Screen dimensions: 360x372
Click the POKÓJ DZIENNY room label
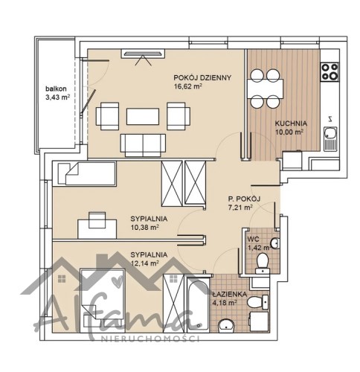pos(202,77)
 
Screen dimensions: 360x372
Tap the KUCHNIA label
pos(291,124)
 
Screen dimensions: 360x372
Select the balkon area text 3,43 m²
pos(57,97)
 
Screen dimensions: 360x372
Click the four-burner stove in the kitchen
pos(330,72)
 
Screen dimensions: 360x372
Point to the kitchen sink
pos(330,138)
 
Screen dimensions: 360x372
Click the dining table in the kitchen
pos(266,89)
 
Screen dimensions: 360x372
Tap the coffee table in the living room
pos(143,116)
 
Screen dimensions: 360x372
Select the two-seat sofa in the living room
pos(143,145)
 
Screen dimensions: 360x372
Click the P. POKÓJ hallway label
pos(244,199)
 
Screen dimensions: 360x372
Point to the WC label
pos(253,239)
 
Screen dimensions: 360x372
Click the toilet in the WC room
pos(263,263)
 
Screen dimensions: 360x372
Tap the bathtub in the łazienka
pos(198,304)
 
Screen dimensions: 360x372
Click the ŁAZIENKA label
pos(230,295)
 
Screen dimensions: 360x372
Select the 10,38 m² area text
pos(144,228)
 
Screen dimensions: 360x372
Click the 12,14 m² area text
pos(144,263)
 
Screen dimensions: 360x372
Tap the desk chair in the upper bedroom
pos(97,219)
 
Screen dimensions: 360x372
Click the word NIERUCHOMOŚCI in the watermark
pos(150,339)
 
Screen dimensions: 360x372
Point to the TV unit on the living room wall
pos(143,54)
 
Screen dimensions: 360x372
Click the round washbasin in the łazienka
pos(226,325)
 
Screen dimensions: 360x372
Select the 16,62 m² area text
pos(187,86)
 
